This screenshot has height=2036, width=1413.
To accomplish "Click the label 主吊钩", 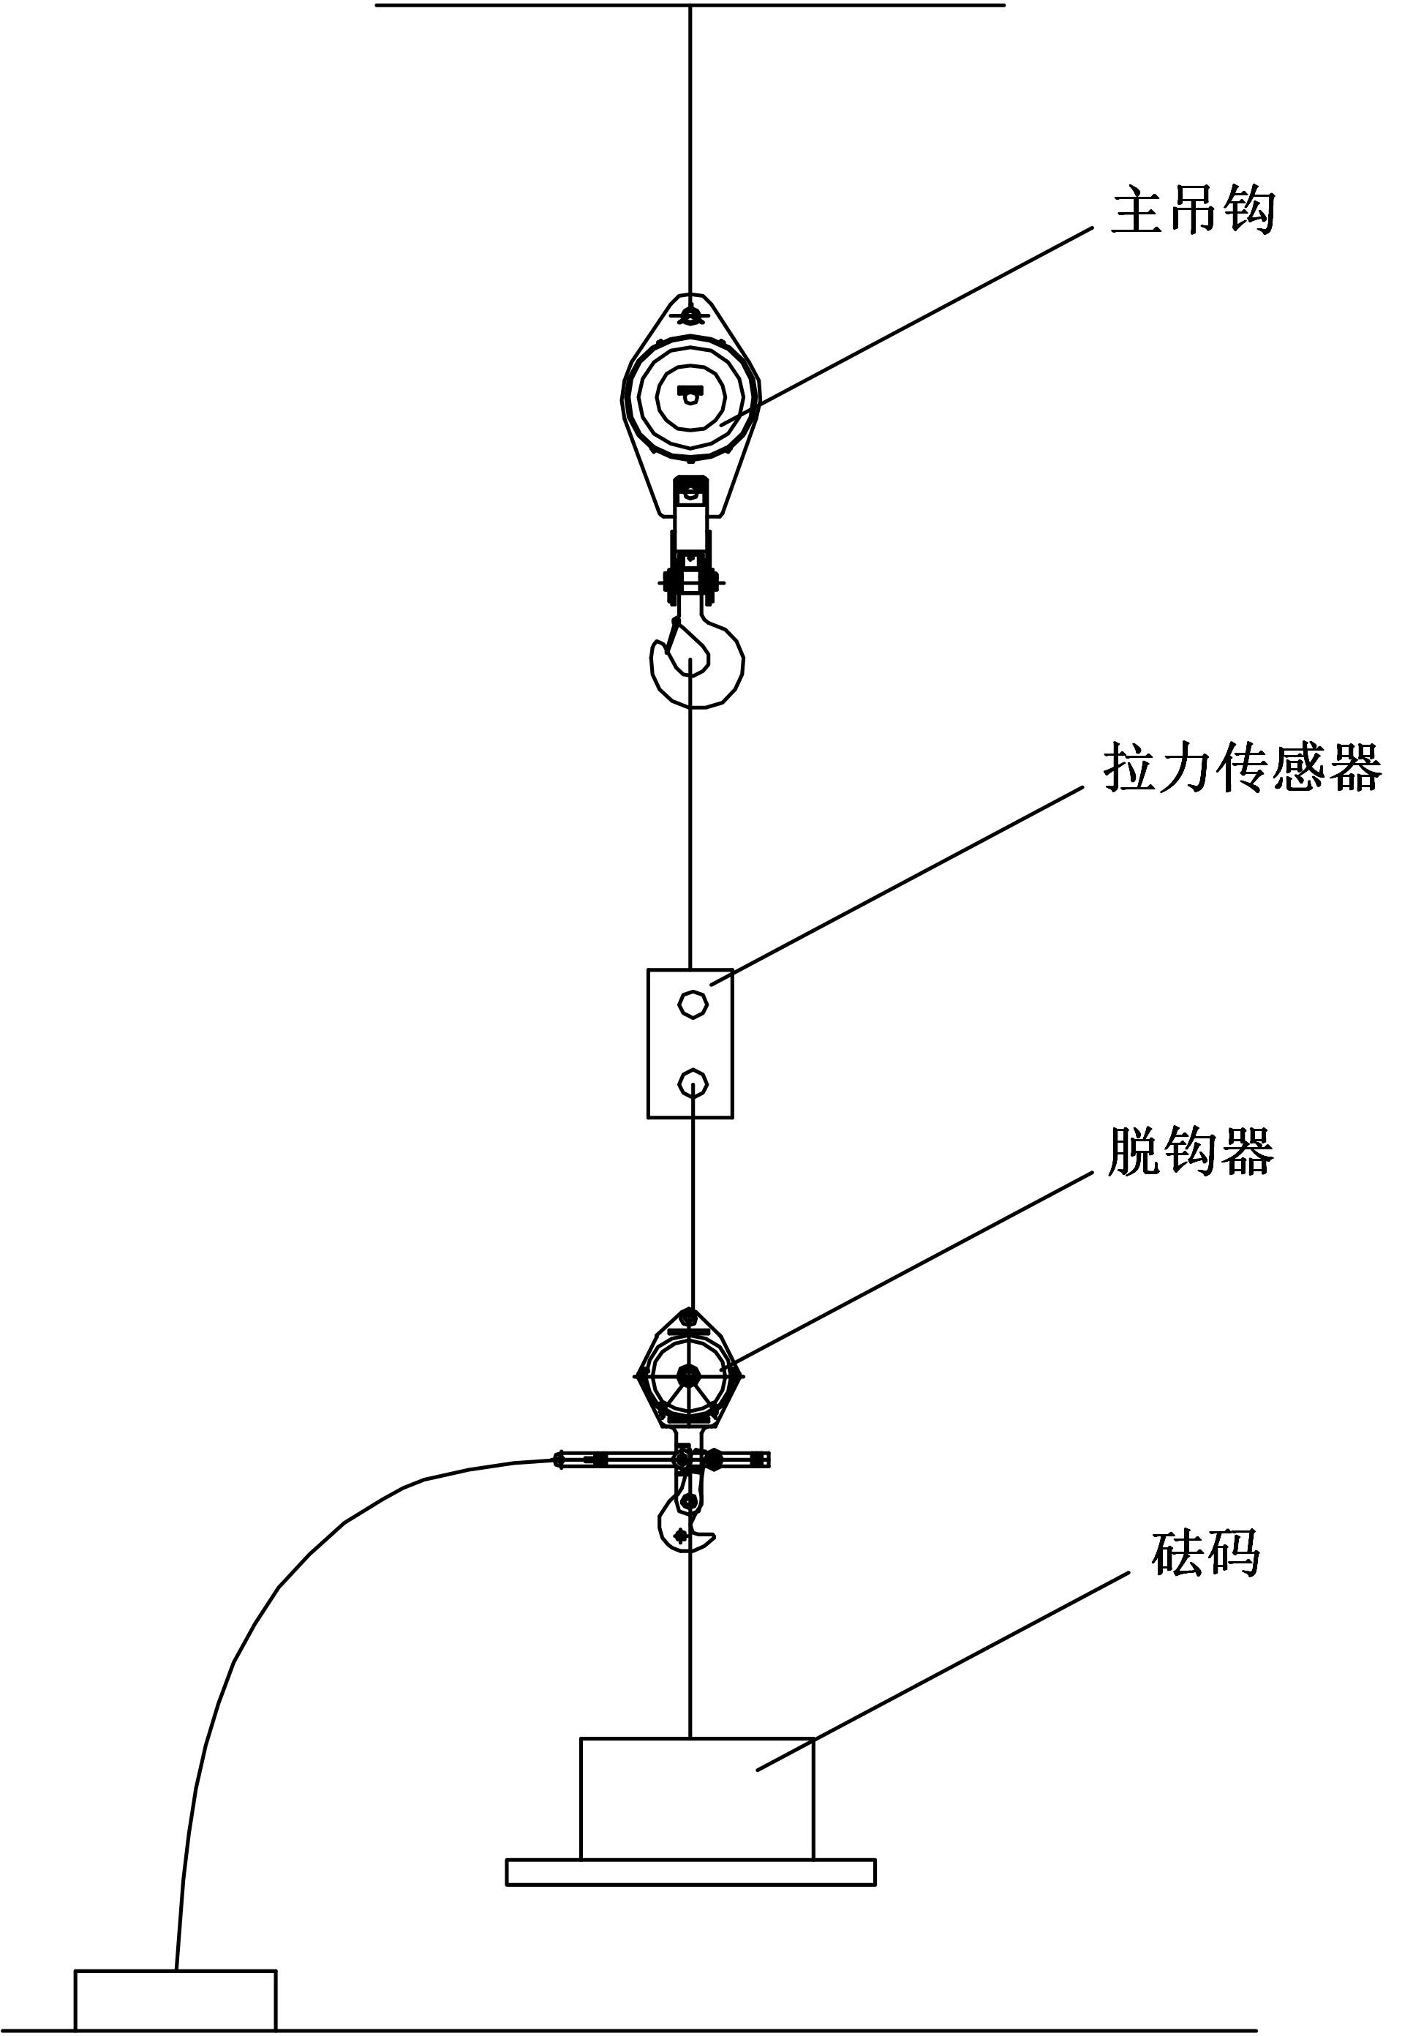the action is tap(1193, 210).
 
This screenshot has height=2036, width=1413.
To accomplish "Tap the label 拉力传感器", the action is tap(1242, 767).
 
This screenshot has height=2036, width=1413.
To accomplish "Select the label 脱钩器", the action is tap(1191, 1152).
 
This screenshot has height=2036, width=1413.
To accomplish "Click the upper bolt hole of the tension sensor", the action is tap(693, 1004).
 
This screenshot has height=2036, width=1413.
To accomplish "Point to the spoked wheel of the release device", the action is tap(690, 1375).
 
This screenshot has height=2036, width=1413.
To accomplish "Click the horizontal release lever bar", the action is tap(661, 1460).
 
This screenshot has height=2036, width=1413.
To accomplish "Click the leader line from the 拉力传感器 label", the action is tap(896, 884).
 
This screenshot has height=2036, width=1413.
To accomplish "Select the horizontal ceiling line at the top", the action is tap(690, 5).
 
